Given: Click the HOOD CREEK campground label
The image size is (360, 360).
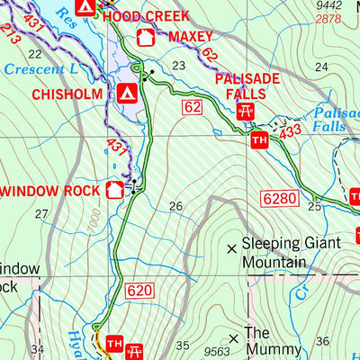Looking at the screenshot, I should click(x=147, y=15).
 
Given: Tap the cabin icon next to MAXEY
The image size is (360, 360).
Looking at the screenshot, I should click(x=144, y=38).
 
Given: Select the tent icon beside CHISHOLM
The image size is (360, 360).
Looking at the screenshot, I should click(x=127, y=92).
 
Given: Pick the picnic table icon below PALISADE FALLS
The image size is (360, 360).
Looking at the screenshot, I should click(x=245, y=112).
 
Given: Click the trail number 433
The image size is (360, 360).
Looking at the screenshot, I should click(x=289, y=132).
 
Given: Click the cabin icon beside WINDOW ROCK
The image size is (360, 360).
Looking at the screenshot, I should click(x=114, y=189).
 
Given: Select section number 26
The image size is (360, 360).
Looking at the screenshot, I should click(x=176, y=206).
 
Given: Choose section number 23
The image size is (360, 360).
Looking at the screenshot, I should click(x=178, y=65).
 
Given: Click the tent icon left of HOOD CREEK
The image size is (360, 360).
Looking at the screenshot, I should click(x=85, y=7).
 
